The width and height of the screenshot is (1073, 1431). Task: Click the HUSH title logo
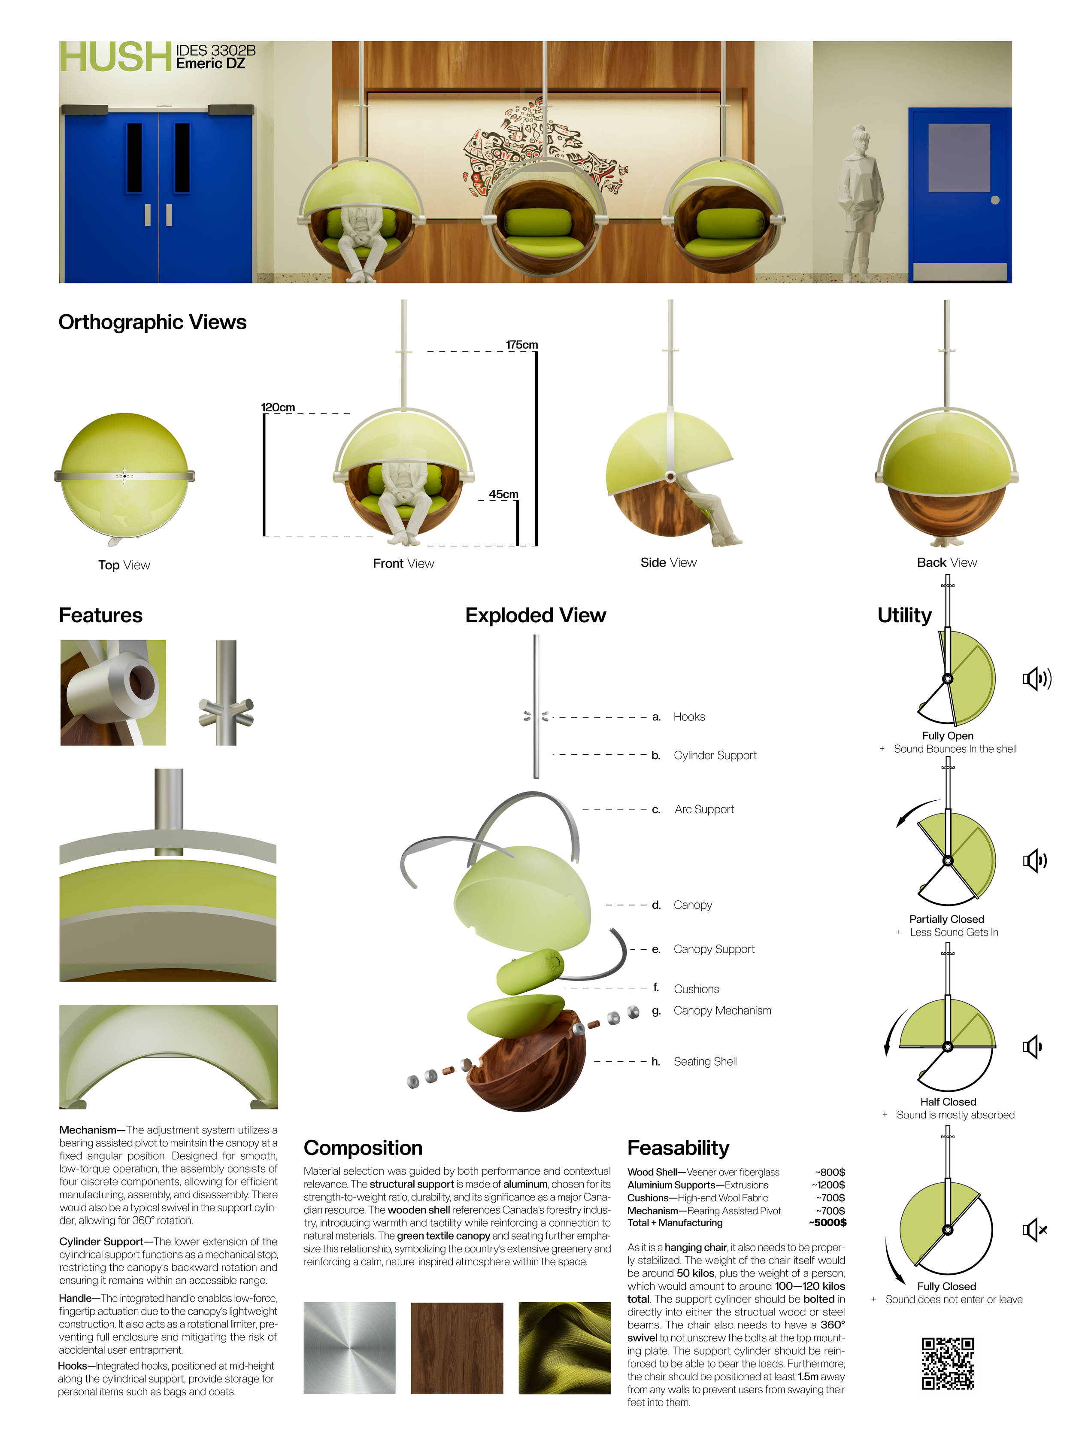click(x=115, y=57)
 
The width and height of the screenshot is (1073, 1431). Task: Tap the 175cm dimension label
click(x=521, y=345)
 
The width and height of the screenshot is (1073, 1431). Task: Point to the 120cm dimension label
click(x=277, y=407)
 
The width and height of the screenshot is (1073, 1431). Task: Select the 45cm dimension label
click(x=503, y=494)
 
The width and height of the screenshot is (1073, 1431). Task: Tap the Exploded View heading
click(x=536, y=615)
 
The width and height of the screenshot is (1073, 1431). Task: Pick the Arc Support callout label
click(x=704, y=809)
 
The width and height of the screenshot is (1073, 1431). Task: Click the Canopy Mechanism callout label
click(x=722, y=1011)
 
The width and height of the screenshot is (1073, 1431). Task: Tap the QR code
click(x=948, y=1364)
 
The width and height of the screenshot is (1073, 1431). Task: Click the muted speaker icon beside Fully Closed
click(x=1034, y=1230)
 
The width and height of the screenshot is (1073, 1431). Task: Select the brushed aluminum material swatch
click(x=349, y=1348)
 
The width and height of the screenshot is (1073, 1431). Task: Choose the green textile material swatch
click(x=564, y=1348)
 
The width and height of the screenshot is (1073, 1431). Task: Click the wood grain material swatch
click(x=457, y=1348)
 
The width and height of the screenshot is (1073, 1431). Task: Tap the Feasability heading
click(x=678, y=1148)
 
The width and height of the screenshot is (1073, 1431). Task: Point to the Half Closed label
click(x=948, y=1102)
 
